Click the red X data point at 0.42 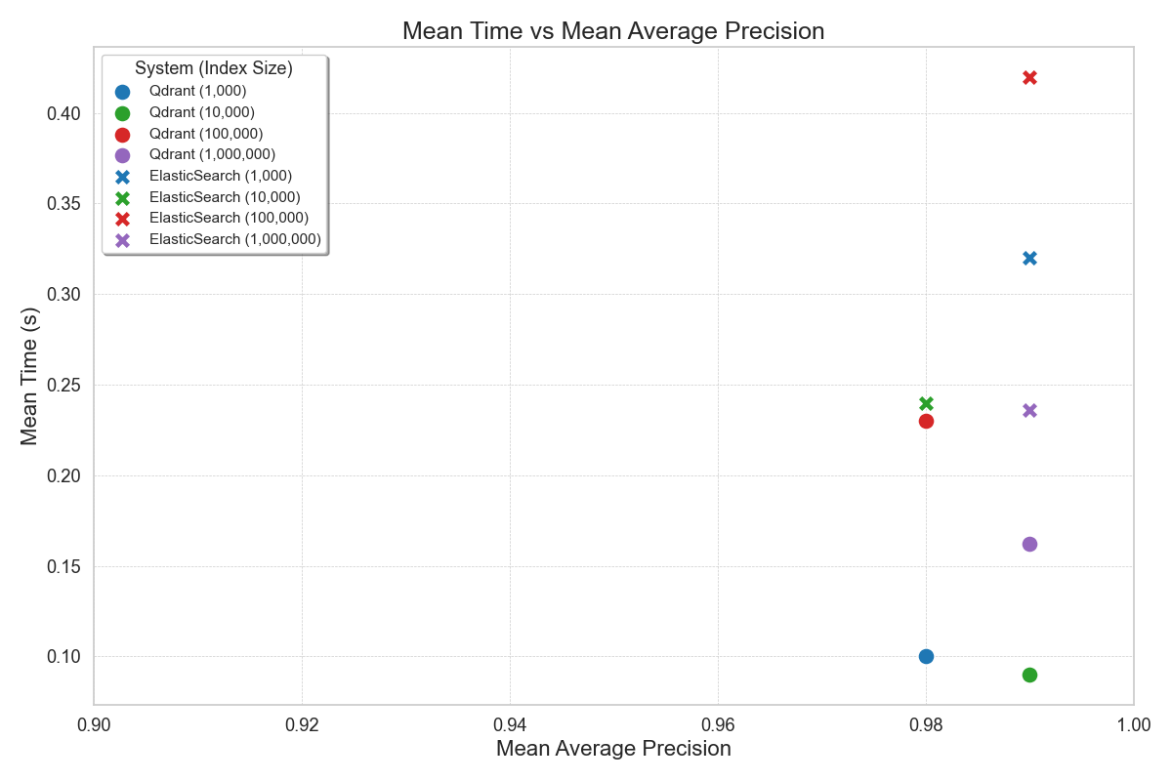click(1029, 77)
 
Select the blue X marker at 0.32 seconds click(1029, 258)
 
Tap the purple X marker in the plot click(1029, 410)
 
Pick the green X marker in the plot click(926, 403)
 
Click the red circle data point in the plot click(926, 421)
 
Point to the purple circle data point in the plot click(1029, 544)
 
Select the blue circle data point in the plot click(926, 656)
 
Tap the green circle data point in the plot click(1029, 675)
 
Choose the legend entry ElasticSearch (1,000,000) click(234, 239)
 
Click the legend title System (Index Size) click(214, 69)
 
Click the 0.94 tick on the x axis click(510, 724)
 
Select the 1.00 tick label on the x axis click(1133, 724)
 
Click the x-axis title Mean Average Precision click(613, 749)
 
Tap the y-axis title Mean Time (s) click(30, 375)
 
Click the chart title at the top click(613, 31)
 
